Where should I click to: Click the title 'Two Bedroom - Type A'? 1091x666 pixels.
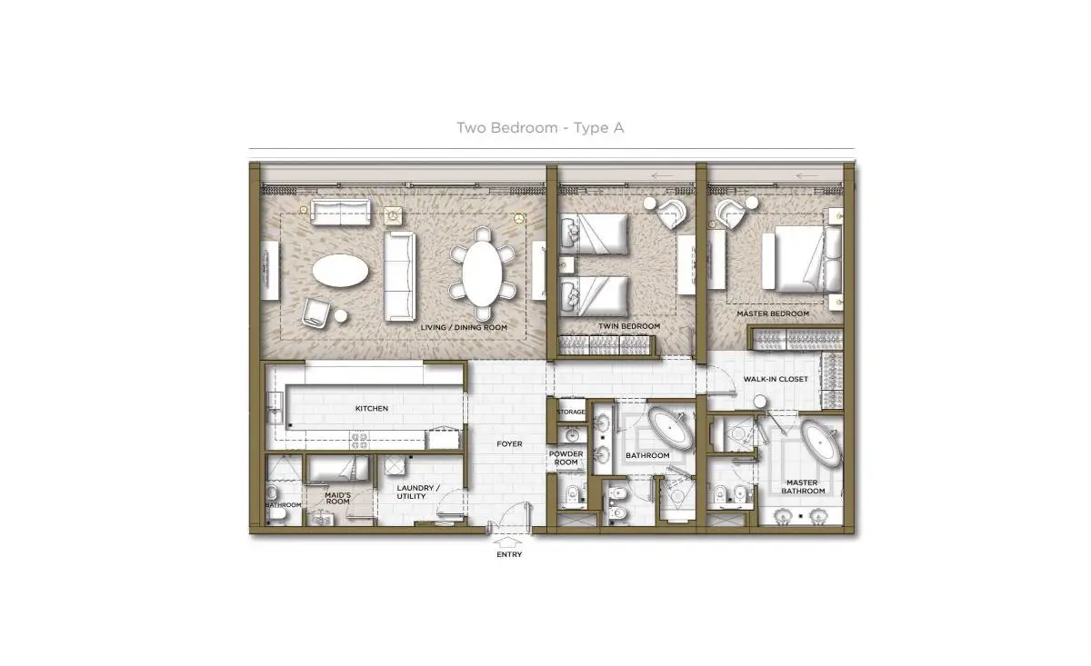click(540, 128)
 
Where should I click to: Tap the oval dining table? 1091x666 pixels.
click(482, 273)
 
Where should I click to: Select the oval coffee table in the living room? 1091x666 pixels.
click(340, 270)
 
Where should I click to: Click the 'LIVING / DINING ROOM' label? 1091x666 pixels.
click(464, 328)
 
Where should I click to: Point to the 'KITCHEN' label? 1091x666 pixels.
click(372, 409)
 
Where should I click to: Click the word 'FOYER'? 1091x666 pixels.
click(509, 444)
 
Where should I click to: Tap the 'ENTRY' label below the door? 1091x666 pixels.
click(509, 554)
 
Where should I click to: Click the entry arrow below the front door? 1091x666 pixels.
click(508, 542)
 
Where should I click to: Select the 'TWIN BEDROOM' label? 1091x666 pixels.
click(629, 326)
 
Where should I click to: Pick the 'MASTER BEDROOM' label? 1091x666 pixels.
click(773, 314)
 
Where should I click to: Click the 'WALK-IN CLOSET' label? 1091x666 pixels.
click(776, 379)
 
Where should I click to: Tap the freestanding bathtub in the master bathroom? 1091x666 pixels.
click(821, 443)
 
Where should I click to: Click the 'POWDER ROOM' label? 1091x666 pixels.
click(566, 458)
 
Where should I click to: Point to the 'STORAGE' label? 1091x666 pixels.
click(571, 412)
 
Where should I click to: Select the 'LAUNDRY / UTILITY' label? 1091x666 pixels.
click(418, 492)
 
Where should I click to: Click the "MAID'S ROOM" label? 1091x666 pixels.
click(337, 498)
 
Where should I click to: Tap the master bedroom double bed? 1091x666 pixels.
click(802, 259)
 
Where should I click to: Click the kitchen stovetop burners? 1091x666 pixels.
click(359, 441)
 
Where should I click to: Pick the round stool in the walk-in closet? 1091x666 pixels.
click(760, 403)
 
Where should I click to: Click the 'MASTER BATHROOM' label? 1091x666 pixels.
click(803, 487)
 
